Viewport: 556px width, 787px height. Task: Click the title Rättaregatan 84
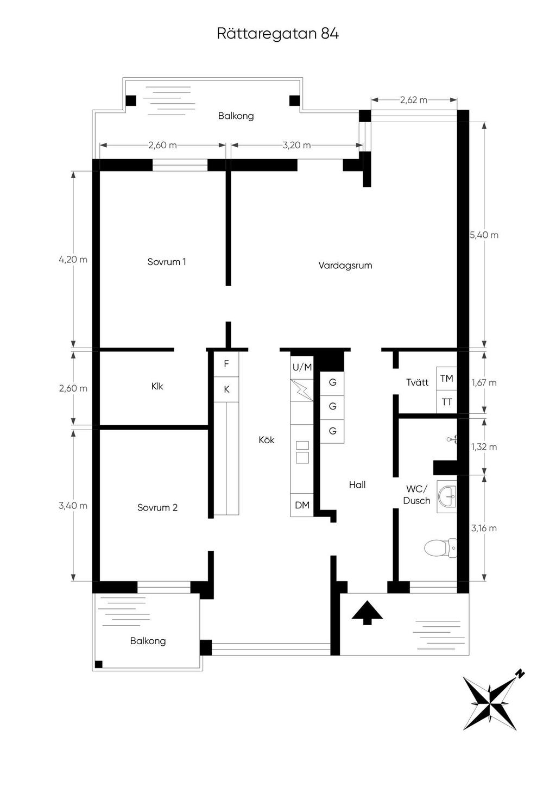277,34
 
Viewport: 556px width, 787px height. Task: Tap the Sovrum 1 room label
167,262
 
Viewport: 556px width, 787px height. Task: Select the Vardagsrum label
345,265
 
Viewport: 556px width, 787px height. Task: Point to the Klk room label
157,387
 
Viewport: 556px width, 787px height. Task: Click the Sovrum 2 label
157,507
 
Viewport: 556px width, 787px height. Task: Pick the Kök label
267,440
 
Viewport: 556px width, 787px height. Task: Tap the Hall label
357,485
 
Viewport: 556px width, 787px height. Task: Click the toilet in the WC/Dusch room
440,547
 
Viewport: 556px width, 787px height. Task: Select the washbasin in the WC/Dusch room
447,497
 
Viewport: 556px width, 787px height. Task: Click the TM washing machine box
446,379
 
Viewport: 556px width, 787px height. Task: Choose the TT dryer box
446,401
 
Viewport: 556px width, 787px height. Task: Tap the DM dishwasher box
302,505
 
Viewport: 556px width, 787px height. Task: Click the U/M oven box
302,368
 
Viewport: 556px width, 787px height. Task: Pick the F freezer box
226,364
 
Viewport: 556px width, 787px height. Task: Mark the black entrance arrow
367,613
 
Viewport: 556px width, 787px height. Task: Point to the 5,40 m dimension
484,235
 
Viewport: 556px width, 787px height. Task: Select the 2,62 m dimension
414,100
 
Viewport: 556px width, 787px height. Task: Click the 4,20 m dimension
73,260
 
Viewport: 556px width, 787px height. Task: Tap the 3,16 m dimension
484,528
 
